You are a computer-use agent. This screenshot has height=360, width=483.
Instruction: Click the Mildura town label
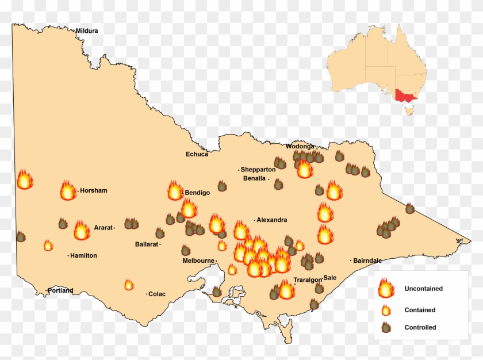click(x=87, y=30)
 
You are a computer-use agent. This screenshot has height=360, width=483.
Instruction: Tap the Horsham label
click(x=94, y=190)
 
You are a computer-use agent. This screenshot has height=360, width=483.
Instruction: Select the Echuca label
click(x=197, y=154)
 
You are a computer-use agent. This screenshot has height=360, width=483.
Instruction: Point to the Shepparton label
click(x=258, y=170)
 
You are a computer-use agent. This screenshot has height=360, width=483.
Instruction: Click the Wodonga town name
click(x=300, y=146)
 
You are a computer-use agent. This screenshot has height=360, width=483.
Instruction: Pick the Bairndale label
click(x=367, y=261)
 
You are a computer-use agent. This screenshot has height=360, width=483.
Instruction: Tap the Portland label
click(x=60, y=290)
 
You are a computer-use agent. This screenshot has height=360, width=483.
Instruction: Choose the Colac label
click(x=157, y=294)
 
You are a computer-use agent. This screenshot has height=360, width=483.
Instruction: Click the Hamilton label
click(x=83, y=255)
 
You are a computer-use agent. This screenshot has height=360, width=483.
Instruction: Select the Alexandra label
click(x=271, y=220)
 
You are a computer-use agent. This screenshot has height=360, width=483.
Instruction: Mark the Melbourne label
click(x=198, y=261)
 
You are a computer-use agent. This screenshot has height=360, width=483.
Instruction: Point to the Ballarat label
click(x=146, y=244)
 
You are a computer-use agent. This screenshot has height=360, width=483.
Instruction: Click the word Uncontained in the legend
click(x=424, y=289)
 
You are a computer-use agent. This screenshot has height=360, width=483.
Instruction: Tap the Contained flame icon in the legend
click(x=386, y=310)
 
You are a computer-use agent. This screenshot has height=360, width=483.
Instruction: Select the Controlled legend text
click(x=420, y=328)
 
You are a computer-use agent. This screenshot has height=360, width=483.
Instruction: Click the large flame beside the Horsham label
click(x=68, y=190)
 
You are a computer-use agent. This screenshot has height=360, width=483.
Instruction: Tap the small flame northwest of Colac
click(x=129, y=285)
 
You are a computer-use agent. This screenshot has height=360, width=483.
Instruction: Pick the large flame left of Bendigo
click(x=175, y=190)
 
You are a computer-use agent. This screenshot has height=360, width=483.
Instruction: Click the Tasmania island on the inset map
click(x=408, y=111)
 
